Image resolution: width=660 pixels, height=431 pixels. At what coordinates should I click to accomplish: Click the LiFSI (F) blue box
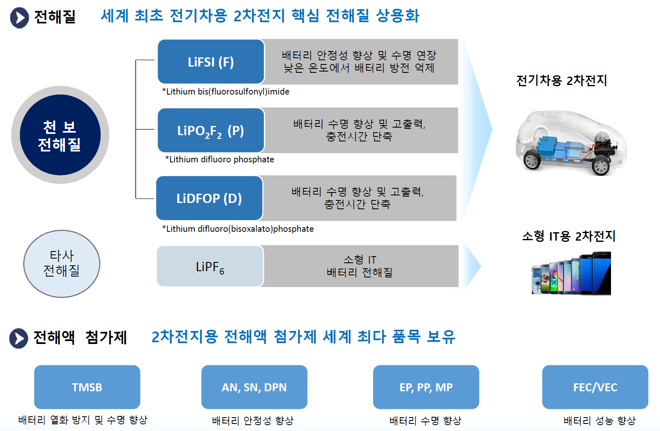[x=211, y=62]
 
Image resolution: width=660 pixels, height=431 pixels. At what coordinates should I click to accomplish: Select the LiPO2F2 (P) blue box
[x=211, y=131]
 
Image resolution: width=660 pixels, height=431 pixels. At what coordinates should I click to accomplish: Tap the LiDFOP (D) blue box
[x=209, y=198]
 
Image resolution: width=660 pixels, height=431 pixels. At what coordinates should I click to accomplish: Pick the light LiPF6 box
[x=210, y=267]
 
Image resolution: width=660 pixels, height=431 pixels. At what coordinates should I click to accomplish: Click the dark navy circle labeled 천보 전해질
[x=60, y=135]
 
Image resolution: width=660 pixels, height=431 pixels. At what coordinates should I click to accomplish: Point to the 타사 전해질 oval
[x=62, y=264]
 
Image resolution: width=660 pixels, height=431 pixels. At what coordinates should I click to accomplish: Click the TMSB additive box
[x=87, y=387]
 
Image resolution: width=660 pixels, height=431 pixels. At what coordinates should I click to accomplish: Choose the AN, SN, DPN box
[x=254, y=387]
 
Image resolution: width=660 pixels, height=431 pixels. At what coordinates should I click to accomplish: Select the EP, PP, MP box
[x=426, y=387]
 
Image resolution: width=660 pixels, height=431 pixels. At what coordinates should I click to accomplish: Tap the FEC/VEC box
[x=595, y=387]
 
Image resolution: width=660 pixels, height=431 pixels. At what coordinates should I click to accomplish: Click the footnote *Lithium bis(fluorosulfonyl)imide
[x=226, y=92]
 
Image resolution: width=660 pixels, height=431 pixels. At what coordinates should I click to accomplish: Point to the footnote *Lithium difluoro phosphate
[x=219, y=159]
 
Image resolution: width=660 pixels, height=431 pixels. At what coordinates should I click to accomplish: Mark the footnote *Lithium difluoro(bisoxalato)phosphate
[x=238, y=229]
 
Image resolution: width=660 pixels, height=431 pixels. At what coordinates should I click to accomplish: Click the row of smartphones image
[x=571, y=274]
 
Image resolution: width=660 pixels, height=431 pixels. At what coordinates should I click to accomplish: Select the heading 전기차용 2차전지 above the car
[x=562, y=80]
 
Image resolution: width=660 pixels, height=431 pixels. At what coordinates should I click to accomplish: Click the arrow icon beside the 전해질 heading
[x=19, y=18]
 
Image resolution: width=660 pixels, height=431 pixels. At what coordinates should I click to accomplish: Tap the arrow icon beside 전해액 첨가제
[x=19, y=338]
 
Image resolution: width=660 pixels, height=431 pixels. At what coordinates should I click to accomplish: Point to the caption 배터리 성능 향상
[x=599, y=420]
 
